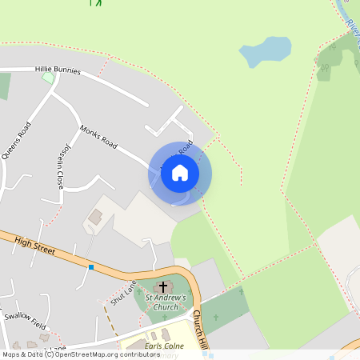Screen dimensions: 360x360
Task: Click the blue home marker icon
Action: pos(180,173)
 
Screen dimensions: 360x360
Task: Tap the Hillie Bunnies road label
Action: pos(58,70)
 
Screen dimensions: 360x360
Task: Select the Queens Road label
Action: pos(17,140)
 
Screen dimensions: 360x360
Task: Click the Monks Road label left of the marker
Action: pos(98,137)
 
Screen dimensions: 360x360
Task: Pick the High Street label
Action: pos(34,245)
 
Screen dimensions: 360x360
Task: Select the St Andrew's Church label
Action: pos(166,302)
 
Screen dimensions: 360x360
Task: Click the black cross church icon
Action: pos(163,286)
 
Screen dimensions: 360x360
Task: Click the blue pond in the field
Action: pos(265,53)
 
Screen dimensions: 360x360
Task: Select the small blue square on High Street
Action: pos(91,266)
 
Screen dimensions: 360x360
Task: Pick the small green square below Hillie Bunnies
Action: pos(48,78)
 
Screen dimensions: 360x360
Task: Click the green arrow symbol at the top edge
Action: pos(97,2)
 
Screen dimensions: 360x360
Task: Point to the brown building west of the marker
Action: pos(95,216)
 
